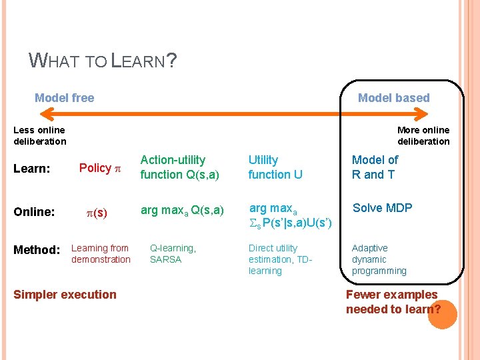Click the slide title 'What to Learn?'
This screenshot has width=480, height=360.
tap(103, 61)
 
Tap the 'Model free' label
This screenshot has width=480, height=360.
tap(64, 98)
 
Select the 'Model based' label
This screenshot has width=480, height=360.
tap(393, 98)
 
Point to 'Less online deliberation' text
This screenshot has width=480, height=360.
tap(39, 135)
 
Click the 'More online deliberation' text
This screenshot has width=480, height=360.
tap(423, 135)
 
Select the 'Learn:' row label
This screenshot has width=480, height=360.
tap(32, 169)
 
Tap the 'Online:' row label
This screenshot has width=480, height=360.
tap(34, 212)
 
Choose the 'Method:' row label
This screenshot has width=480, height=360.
tap(37, 250)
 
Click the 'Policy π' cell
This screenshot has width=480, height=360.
tap(99, 168)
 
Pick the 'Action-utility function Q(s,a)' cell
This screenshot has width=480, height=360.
tap(173, 167)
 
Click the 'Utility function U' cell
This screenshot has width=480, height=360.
tap(275, 167)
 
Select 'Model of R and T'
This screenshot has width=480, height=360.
tap(375, 167)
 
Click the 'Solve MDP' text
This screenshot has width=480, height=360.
tap(382, 208)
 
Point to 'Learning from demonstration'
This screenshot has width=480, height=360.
tap(101, 254)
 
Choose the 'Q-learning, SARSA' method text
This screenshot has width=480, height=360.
tap(173, 254)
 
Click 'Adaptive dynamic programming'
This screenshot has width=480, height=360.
tap(379, 259)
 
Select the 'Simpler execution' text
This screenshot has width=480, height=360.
tap(65, 295)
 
